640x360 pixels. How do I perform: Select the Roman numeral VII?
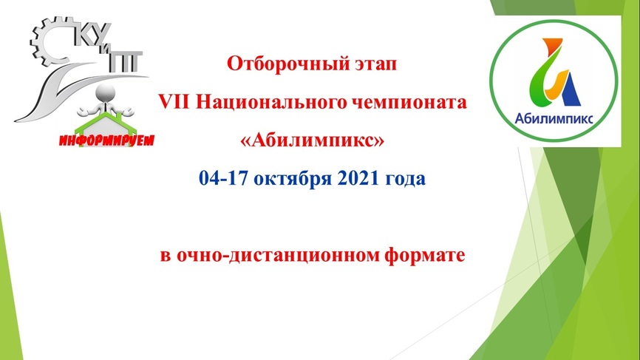(174, 101)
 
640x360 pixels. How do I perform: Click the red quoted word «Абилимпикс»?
(313, 140)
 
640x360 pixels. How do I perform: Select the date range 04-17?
(223, 178)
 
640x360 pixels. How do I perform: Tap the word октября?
(293, 179)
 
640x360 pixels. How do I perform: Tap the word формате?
(425, 256)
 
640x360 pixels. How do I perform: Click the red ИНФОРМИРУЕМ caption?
(107, 140)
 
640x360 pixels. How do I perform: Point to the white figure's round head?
(105, 93)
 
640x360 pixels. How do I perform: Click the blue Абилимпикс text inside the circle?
(554, 119)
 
